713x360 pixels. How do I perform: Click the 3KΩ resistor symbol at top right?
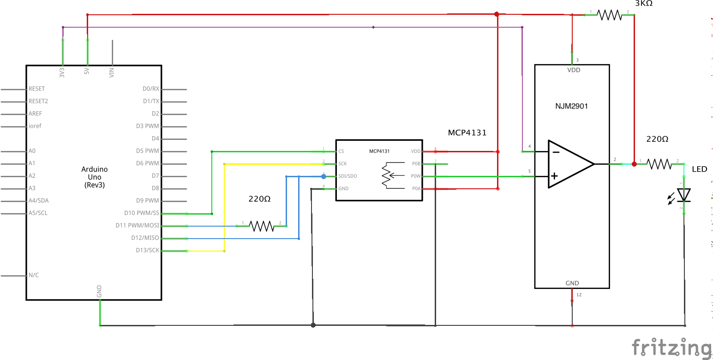point(610,15)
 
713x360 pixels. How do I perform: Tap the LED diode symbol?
point(683,195)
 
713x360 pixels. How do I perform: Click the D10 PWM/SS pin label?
point(141,213)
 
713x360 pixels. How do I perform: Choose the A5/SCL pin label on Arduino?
point(38,213)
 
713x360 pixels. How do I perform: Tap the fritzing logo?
point(671,347)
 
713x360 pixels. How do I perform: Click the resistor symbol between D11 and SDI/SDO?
point(261,226)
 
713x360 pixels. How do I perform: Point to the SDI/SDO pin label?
point(348,176)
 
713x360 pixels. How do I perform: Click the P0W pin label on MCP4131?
point(415,176)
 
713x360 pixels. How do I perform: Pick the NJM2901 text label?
point(571,106)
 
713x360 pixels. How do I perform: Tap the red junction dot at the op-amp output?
point(634,164)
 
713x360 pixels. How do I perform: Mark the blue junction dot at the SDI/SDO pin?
point(324,176)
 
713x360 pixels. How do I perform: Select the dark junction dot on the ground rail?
point(313,325)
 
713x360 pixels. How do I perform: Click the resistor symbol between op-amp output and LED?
point(659,163)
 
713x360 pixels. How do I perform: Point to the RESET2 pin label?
point(38,101)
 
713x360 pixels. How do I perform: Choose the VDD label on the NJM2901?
point(573,70)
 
